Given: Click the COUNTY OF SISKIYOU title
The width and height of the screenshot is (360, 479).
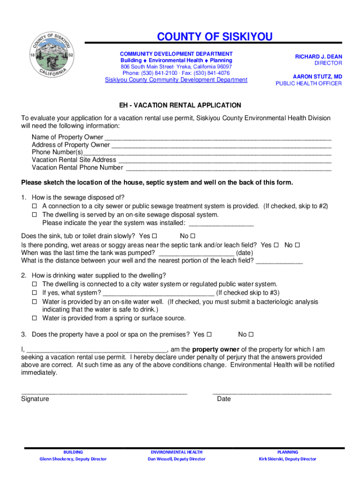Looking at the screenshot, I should (x=215, y=37).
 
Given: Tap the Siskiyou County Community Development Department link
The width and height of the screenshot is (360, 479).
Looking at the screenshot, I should (x=176, y=80).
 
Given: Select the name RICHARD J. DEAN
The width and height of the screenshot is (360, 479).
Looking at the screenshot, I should (x=318, y=57).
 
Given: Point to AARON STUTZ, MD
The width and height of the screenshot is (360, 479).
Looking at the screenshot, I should (x=317, y=76).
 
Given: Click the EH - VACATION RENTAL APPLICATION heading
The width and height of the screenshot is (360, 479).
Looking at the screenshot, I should (x=180, y=105).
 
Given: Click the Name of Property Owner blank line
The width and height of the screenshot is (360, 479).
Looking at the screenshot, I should (x=218, y=138).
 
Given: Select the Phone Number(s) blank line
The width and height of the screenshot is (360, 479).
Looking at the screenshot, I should (x=207, y=153).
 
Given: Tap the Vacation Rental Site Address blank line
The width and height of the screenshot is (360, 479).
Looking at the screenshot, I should (x=224, y=160).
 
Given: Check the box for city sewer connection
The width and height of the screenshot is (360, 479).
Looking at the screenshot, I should (x=35, y=206).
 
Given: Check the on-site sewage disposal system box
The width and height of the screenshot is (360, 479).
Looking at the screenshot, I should (x=35, y=215).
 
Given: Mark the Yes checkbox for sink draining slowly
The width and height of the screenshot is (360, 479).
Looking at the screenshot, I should (x=155, y=236).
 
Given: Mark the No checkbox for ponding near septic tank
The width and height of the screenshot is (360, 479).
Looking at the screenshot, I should (x=297, y=245).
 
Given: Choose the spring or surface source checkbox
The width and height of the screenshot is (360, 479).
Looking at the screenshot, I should (x=35, y=319).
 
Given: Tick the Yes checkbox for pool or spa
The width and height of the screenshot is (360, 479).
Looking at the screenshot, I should (x=209, y=334).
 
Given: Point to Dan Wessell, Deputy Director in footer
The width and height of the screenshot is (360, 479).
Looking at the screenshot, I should (x=176, y=459).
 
